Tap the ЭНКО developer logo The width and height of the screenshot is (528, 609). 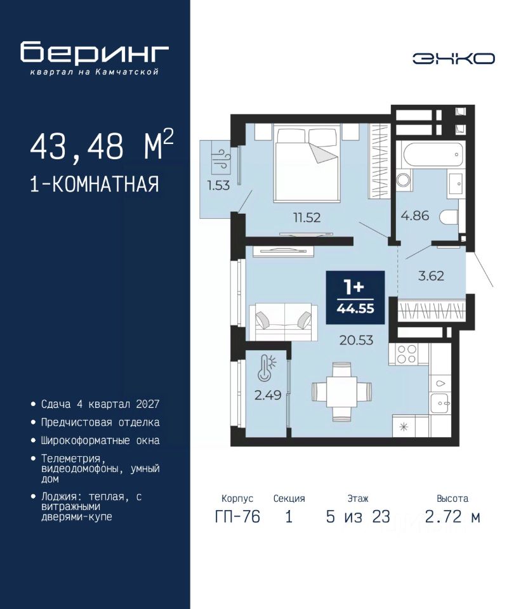click(453, 58)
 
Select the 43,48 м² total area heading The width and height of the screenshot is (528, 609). click(102, 146)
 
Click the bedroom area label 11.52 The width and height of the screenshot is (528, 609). click(307, 218)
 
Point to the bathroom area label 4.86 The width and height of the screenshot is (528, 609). click(415, 216)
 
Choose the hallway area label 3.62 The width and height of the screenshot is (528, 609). click(431, 276)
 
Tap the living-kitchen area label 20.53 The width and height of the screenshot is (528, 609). click(356, 340)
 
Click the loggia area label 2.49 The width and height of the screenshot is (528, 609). click(268, 395)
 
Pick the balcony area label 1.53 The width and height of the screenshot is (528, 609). click(218, 185)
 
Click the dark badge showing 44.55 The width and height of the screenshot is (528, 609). click(355, 298)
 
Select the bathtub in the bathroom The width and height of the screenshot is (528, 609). click(433, 155)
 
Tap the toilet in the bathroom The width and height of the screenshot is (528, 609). click(449, 217)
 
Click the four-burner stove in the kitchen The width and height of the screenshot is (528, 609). click(407, 354)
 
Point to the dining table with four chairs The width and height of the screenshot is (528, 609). click(341, 392)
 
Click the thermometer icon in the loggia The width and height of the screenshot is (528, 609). click(266, 367)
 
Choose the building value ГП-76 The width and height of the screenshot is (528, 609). click(237, 517)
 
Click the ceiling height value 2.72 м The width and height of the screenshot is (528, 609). click(452, 517)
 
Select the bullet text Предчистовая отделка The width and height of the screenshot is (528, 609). click(100, 422)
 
